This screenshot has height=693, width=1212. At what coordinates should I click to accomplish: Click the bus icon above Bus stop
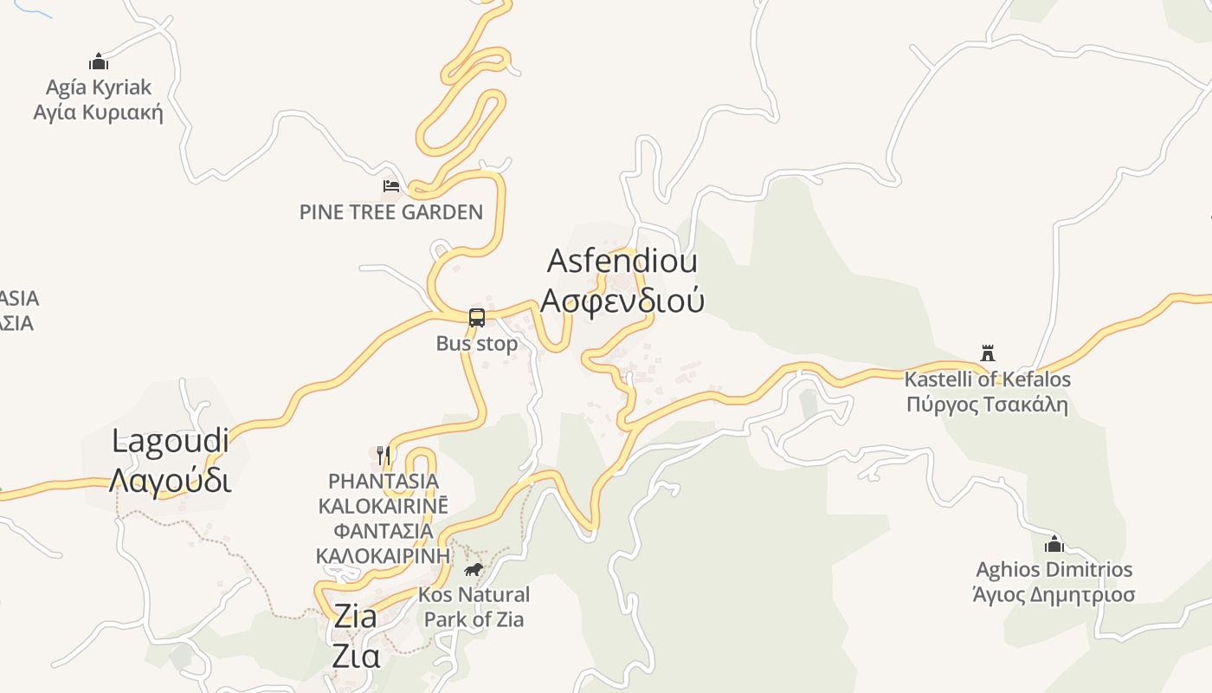point(477,317)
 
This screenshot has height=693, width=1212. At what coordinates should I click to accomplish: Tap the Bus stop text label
point(477,344)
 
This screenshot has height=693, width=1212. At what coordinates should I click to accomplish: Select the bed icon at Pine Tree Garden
point(391,185)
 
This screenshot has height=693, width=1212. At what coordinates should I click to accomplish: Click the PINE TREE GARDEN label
point(391,212)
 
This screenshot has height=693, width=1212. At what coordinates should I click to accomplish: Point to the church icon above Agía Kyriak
point(99,62)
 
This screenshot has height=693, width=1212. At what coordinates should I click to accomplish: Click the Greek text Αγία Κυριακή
point(98,113)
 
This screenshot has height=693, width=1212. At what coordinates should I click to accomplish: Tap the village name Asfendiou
point(622,261)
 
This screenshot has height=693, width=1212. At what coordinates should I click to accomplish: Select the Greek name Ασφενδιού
point(622,300)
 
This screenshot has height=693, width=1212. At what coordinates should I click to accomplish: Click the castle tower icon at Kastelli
point(988,353)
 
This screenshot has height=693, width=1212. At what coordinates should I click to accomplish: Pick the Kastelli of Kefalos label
point(988,379)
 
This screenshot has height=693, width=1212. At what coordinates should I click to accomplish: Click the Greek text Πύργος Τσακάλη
point(988,405)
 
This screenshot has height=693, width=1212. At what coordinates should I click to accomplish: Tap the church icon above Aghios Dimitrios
point(1054,544)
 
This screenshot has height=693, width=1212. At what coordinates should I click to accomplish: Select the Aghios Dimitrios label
point(1054,570)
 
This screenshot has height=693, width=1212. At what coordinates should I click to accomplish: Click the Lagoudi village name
point(171,441)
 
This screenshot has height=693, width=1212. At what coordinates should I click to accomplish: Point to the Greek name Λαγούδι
point(171,481)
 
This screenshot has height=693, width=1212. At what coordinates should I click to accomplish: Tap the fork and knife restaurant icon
point(384,454)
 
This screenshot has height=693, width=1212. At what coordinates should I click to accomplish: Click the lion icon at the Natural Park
point(474,569)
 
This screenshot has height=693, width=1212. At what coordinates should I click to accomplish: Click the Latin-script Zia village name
point(355,617)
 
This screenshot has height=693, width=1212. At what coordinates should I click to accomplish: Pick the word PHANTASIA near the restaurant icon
point(384,481)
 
